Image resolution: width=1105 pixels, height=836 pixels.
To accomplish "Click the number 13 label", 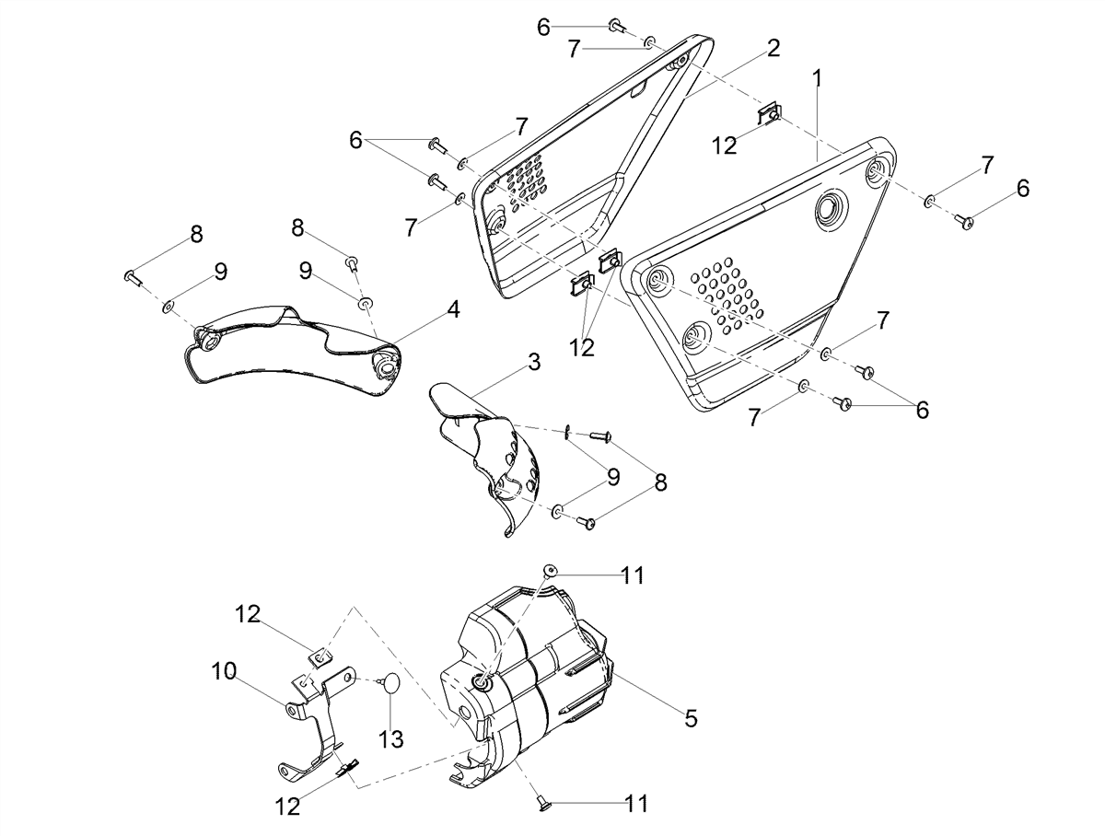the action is point(391,738).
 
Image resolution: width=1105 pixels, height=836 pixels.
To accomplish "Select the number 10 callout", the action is point(224,671).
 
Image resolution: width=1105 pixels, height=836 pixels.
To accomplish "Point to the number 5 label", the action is point(692,719).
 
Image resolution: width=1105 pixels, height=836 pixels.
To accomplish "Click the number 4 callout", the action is point(454,309).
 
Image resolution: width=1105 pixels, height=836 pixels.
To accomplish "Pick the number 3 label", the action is point(533,362).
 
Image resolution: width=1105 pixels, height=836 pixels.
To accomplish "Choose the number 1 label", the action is point(817,79).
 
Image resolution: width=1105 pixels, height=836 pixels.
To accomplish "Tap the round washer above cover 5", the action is point(551,570).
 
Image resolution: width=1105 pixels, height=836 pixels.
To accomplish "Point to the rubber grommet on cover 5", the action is point(483,682).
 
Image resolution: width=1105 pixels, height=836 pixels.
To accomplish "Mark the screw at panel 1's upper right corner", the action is point(964,221).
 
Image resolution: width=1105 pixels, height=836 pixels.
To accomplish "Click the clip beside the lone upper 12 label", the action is point(768,114).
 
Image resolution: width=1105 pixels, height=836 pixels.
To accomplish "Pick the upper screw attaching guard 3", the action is point(599,435).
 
